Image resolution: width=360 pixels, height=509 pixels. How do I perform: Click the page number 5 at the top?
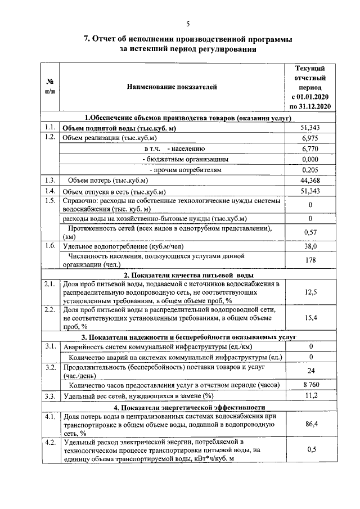tap(188, 23)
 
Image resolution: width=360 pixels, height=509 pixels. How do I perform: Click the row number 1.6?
tap(49, 246)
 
